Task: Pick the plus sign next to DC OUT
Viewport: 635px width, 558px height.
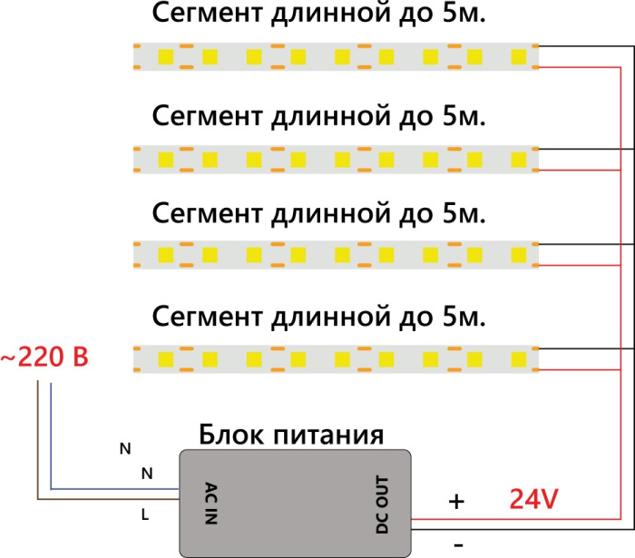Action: click(457, 501)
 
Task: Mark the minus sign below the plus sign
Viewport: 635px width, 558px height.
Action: click(458, 543)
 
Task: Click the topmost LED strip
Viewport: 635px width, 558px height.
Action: click(336, 57)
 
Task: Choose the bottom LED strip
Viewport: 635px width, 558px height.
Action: click(336, 358)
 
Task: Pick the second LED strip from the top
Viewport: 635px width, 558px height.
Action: click(336, 161)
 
